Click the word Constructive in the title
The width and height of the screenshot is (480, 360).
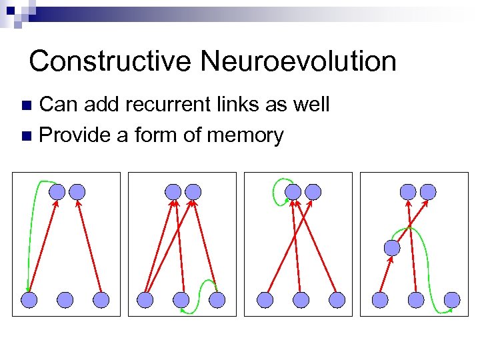111,61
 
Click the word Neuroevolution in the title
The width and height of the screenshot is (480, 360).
298,61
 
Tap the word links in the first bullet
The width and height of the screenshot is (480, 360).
252,105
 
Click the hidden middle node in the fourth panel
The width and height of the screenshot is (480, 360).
392,248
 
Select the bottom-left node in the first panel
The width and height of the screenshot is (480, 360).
29,300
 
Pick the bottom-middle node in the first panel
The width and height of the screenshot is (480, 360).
65,300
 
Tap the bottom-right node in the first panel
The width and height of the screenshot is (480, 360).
101,300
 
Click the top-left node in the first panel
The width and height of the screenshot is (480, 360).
57,192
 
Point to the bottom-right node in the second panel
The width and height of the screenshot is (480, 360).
217,300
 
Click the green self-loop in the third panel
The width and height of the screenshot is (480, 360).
277,191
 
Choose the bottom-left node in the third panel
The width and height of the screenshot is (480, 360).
265,300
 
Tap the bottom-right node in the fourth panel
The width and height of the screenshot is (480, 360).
452,300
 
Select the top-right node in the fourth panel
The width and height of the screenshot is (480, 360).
428,192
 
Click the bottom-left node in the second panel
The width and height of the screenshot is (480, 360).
145,300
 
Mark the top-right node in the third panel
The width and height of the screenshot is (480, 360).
313,192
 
